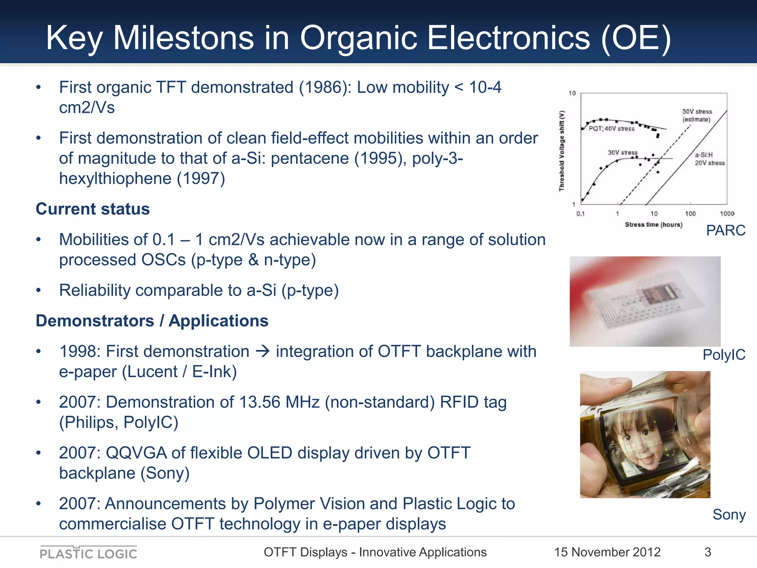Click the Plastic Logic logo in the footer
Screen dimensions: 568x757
[x=88, y=553]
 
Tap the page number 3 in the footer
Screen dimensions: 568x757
[x=707, y=552]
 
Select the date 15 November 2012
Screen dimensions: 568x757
[x=607, y=552]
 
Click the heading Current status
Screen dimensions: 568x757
[x=93, y=209]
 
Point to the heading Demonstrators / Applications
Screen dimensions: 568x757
[x=152, y=321]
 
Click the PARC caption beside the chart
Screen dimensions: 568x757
[x=725, y=230]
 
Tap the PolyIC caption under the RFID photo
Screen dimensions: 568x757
[x=723, y=355]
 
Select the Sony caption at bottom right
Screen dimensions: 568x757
[x=729, y=514]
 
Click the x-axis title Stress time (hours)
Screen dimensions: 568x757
[x=654, y=224]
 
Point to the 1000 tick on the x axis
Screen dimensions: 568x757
[x=727, y=214]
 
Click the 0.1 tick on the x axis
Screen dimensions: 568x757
[x=580, y=214]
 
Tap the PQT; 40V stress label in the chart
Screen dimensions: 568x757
[x=611, y=129]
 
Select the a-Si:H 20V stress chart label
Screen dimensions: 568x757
[x=709, y=159]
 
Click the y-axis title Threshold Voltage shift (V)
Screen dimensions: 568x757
[x=562, y=151]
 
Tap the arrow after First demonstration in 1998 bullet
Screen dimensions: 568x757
[x=263, y=351]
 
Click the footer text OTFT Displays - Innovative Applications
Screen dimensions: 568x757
[x=375, y=552]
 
